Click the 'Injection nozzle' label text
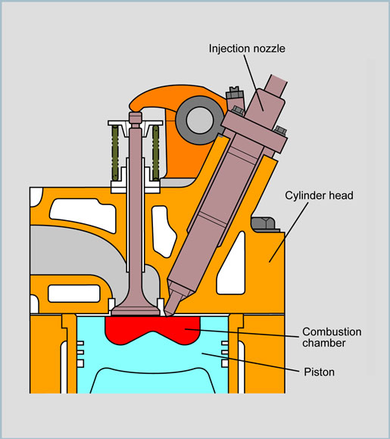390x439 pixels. click(247, 48)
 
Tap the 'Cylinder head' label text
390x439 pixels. click(319, 195)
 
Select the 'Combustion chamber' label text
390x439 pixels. click(332, 337)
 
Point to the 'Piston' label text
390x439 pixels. click(319, 372)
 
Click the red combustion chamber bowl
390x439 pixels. click(153, 328)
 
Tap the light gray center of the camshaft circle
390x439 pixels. click(199, 120)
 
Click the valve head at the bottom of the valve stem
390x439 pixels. click(136, 310)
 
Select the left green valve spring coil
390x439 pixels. click(115, 153)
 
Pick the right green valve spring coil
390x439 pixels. click(156, 153)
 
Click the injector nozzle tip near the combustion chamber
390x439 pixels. click(170, 311)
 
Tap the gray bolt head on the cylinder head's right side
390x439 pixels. click(263, 223)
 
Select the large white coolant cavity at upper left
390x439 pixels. click(83, 214)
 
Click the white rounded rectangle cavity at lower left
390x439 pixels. click(74, 294)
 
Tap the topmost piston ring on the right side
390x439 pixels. click(225, 343)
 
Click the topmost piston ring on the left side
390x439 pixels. click(80, 343)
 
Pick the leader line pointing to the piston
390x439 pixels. click(251, 363)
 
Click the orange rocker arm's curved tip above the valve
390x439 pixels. click(136, 105)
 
